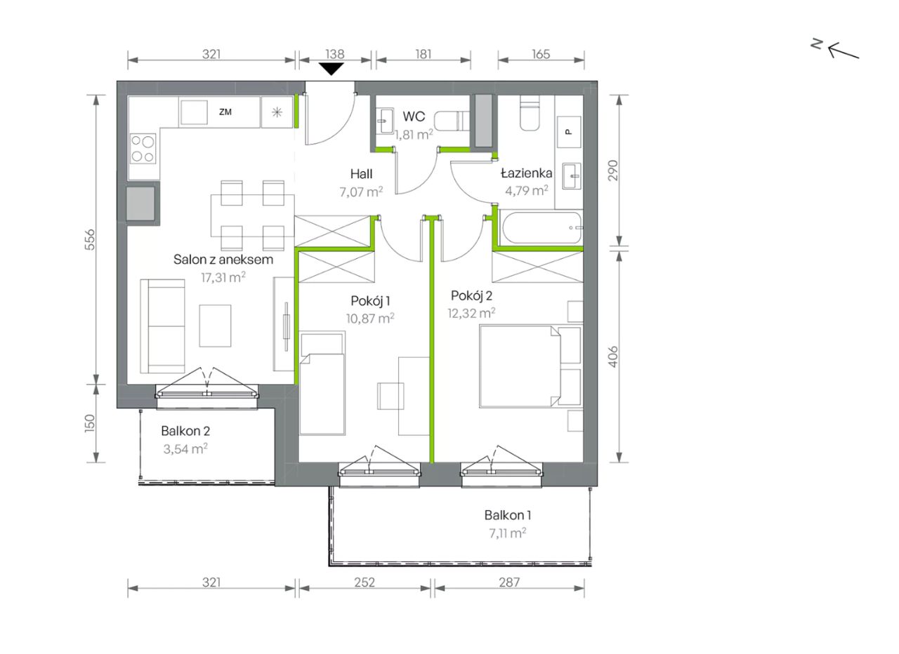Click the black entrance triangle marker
pyautogui.click(x=331, y=69)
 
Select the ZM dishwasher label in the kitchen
pyautogui.click(x=225, y=112)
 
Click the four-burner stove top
pyautogui.click(x=143, y=149)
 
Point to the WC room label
pyautogui.click(x=414, y=116)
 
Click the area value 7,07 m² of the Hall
pyautogui.click(x=361, y=192)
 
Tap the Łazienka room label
pyautogui.click(x=526, y=173)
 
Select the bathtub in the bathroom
pyautogui.click(x=542, y=228)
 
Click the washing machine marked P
pyautogui.click(x=569, y=132)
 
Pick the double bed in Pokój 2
pyautogui.click(x=530, y=366)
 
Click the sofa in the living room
pyautogui.click(x=162, y=326)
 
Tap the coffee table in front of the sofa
pyautogui.click(x=215, y=326)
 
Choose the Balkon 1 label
pyautogui.click(x=508, y=515)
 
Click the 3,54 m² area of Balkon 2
pyautogui.click(x=185, y=448)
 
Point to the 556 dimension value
pyautogui.click(x=90, y=239)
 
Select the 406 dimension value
pyautogui.click(x=613, y=356)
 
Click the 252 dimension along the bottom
pyautogui.click(x=364, y=582)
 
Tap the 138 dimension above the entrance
pyautogui.click(x=335, y=54)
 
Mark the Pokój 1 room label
pyautogui.click(x=370, y=301)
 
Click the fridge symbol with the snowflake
pyautogui.click(x=277, y=112)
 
